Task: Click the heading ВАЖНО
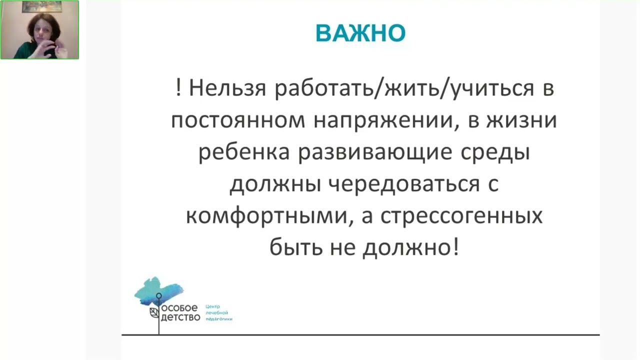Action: [x=360, y=33]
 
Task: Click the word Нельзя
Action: [x=227, y=88]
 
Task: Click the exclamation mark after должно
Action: [x=455, y=247]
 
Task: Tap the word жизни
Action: [x=522, y=120]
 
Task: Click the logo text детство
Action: [x=180, y=317]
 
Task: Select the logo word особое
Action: [x=179, y=308]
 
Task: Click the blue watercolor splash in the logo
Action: [x=158, y=291]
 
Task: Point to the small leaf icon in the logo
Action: [x=154, y=313]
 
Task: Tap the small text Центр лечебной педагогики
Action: [x=219, y=313]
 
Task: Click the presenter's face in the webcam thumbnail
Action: [x=42, y=31]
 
